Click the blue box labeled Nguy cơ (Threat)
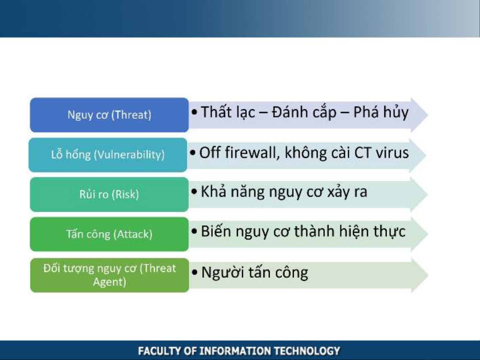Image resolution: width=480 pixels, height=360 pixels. tap(109, 115)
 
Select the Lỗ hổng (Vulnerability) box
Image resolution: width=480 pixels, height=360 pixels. tap(108, 155)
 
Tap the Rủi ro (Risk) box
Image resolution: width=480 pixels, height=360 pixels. tap(109, 194)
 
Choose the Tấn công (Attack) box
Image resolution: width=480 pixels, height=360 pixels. tap(109, 234)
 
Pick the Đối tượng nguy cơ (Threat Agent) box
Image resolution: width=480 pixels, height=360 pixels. tap(110, 275)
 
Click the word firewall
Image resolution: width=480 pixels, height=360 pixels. tap(252, 153)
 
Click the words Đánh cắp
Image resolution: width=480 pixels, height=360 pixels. tap(304, 112)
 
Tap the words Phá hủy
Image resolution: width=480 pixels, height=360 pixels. tap(381, 112)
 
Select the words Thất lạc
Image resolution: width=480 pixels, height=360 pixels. tap(228, 112)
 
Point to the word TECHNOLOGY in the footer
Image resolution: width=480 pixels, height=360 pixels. tap(307, 351)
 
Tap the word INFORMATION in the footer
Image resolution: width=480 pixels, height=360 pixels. tap(235, 351)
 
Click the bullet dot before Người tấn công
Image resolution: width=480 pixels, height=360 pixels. tap(194, 272)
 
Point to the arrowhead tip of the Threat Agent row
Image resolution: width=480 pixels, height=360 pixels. tap(428, 275)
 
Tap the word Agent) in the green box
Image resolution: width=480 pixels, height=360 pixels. tap(110, 282)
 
